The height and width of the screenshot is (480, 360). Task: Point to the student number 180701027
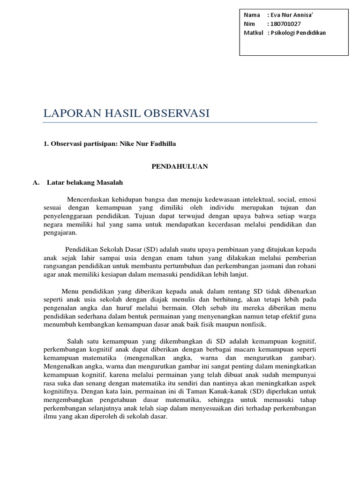pyautogui.click(x=285, y=23)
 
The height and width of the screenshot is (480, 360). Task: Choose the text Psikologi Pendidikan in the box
pyautogui.click(x=297, y=32)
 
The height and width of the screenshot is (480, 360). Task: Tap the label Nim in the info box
pyautogui.click(x=248, y=23)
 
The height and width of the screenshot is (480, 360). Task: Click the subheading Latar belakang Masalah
pyautogui.click(x=85, y=182)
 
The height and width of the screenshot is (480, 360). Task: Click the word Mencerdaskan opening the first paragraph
pyautogui.click(x=89, y=198)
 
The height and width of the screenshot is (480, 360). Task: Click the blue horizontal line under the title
pyautogui.click(x=180, y=123)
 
